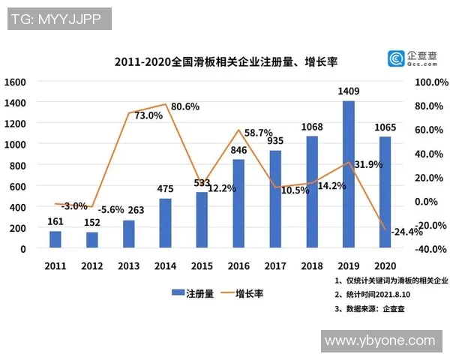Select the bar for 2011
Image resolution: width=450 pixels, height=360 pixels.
click(x=55, y=239)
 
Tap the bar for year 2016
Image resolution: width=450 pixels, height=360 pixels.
click(x=239, y=203)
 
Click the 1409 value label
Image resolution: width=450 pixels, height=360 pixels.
click(x=349, y=92)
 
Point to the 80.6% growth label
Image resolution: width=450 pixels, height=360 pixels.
click(x=185, y=107)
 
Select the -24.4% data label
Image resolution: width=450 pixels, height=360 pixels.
click(x=408, y=231)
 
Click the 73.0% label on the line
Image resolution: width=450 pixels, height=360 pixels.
click(x=148, y=115)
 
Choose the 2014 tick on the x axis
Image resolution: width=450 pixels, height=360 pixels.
click(x=166, y=265)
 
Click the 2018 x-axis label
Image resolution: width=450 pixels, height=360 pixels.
click(x=313, y=265)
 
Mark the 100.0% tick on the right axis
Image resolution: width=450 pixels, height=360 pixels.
click(x=430, y=81)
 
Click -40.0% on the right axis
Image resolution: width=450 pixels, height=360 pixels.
click(x=430, y=249)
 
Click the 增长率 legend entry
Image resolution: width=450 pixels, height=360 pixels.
click(x=241, y=293)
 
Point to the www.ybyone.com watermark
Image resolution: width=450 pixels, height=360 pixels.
click(x=379, y=341)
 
